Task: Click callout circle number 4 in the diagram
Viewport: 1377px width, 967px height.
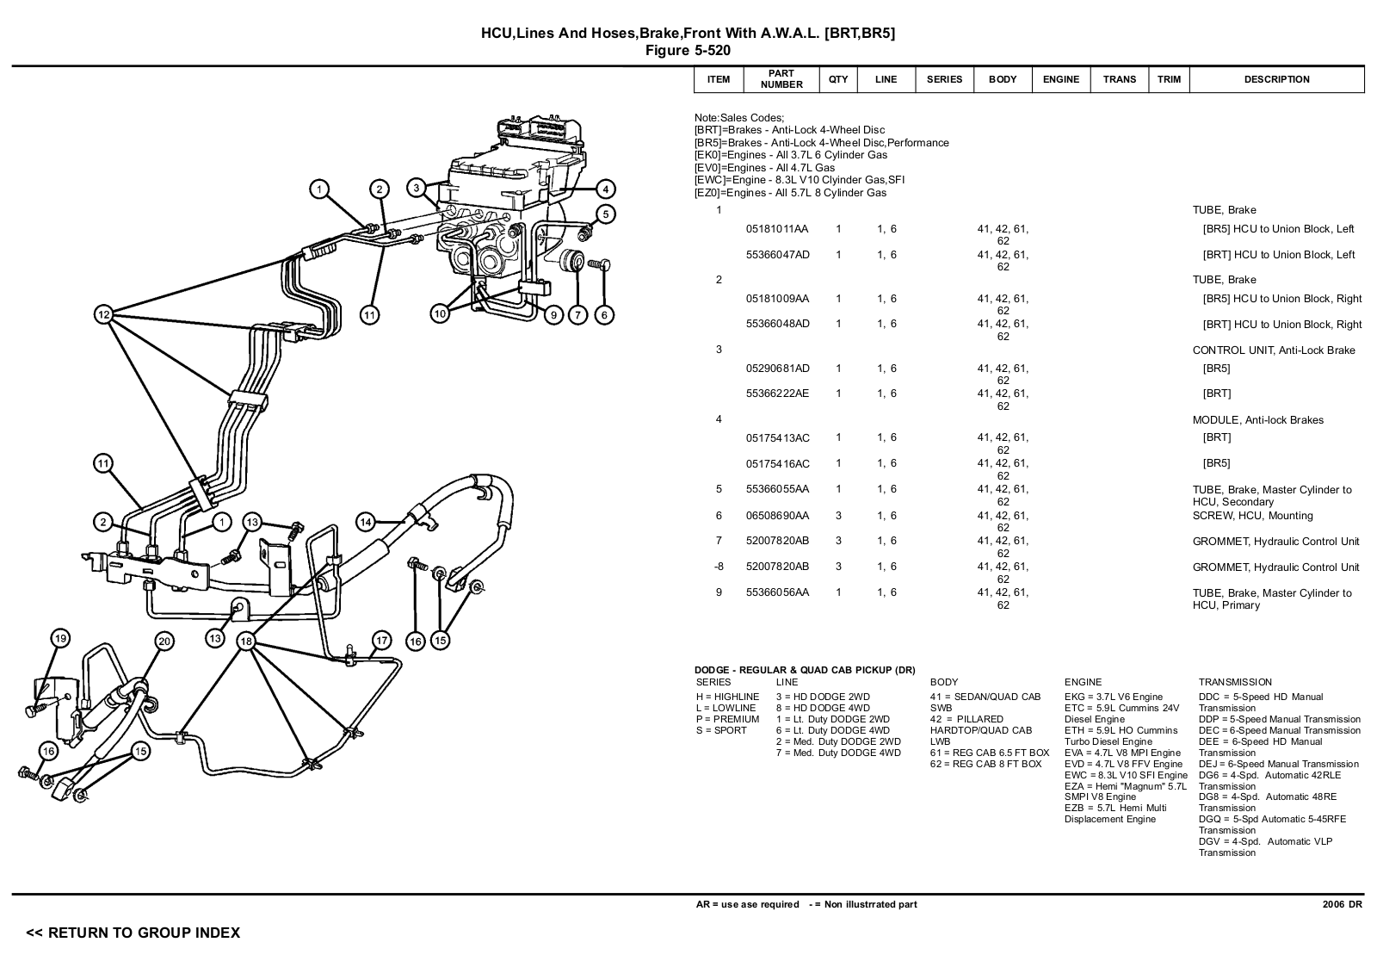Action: coord(605,189)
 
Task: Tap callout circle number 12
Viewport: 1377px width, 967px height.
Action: coord(103,315)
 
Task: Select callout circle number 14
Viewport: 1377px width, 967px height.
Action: coord(366,522)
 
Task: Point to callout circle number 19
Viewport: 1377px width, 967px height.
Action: coord(59,638)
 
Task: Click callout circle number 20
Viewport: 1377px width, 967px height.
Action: coord(164,641)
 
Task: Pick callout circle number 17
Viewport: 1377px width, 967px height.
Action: coord(382,641)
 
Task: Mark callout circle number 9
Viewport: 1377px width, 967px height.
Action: coord(553,315)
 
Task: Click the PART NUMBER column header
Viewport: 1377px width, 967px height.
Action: coord(781,79)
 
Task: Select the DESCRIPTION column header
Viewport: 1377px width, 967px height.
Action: coord(1276,79)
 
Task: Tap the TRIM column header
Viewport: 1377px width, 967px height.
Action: coord(1169,79)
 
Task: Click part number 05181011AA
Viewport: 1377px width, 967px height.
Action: coord(777,229)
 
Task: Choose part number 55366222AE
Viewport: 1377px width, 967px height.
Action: coord(777,394)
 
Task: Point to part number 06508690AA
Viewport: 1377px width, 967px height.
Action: coord(777,516)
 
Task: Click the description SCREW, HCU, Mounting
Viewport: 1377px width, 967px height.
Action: coord(1252,516)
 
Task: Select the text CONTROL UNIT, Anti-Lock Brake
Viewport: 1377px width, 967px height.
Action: coord(1273,350)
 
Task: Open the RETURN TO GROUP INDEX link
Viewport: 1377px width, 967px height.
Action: coord(133,933)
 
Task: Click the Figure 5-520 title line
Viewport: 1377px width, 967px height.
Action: coord(688,51)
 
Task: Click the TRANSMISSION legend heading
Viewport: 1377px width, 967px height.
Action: coord(1234,682)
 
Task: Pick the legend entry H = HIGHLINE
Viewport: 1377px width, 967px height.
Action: coord(727,697)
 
